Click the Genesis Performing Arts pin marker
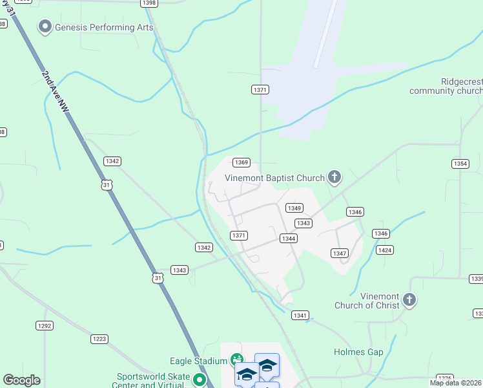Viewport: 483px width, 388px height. tap(45, 27)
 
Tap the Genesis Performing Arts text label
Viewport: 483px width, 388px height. tap(104, 28)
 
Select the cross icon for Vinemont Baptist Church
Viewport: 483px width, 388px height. tap(334, 176)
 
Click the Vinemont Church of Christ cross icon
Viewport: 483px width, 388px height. tap(409, 299)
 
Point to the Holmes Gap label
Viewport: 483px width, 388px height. tap(358, 352)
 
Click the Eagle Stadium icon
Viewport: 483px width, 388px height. tap(237, 359)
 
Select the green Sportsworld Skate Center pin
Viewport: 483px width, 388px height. tap(200, 380)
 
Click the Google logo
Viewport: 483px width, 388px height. tap(21, 380)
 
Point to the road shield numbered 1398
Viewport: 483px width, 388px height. tap(149, 3)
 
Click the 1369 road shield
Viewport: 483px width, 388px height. tap(241, 162)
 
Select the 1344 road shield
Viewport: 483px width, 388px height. tap(289, 239)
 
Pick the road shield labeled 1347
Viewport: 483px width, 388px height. tap(340, 253)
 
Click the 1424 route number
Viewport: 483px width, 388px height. tap(385, 250)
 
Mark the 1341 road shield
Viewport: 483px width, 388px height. tap(300, 316)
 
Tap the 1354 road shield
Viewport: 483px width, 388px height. tap(460, 164)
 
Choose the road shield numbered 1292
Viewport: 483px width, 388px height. tap(45, 326)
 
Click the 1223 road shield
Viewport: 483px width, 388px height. tap(99, 339)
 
